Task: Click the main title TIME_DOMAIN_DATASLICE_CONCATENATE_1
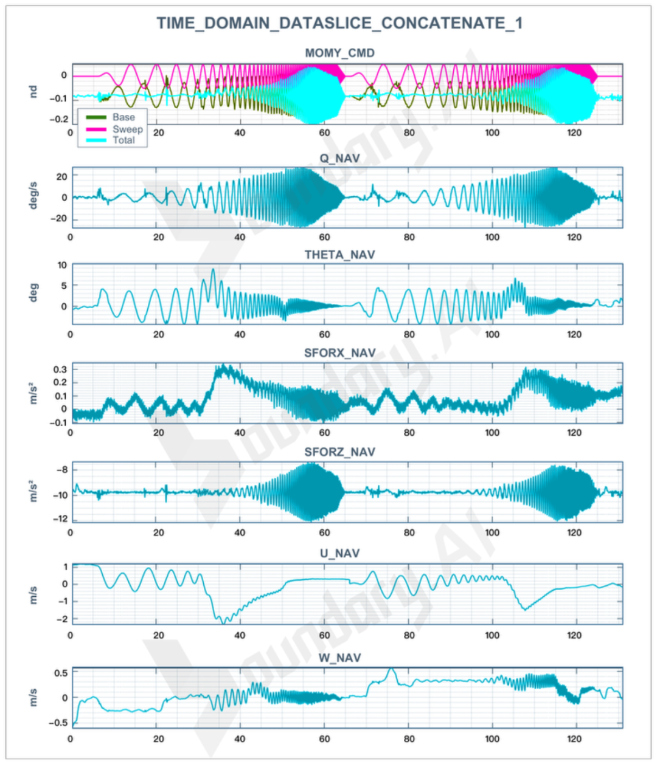(339, 23)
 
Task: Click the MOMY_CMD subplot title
(339, 53)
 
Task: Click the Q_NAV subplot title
(339, 158)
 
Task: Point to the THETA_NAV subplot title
(339, 255)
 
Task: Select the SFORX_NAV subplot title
(339, 353)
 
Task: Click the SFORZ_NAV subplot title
(339, 452)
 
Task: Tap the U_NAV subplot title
(339, 553)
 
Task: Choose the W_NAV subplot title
(339, 658)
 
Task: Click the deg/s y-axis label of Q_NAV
(33, 196)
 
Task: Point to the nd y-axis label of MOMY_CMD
(33, 91)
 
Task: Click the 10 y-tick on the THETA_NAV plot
(62, 265)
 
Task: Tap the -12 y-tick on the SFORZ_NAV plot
(60, 518)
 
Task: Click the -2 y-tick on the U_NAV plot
(61, 619)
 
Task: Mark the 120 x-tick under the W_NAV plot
(574, 739)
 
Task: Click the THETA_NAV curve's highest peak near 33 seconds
(212, 269)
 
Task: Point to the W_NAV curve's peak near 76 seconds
(391, 669)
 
